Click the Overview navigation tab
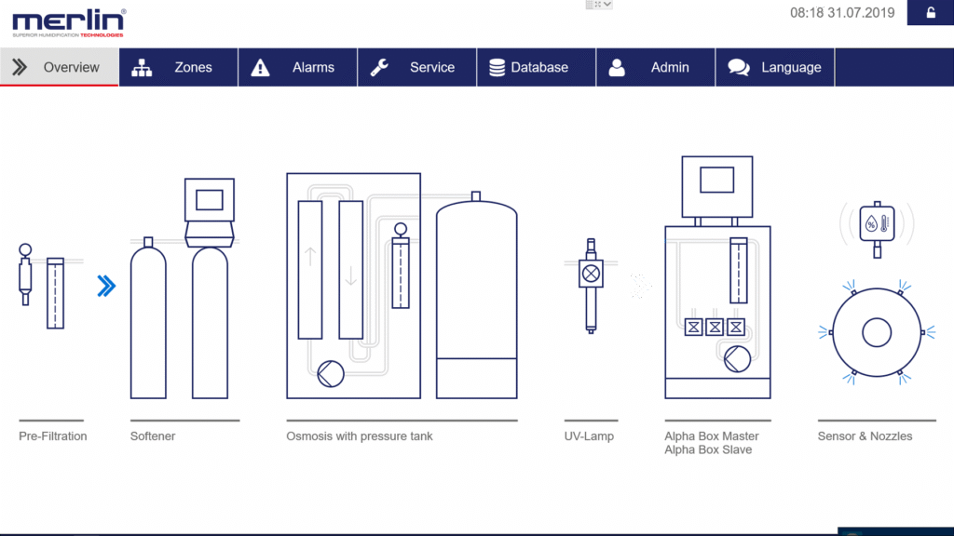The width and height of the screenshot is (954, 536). point(59,67)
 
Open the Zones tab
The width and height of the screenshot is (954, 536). point(178,67)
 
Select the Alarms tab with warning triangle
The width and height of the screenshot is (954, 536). point(297,67)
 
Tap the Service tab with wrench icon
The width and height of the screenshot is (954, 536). point(416,67)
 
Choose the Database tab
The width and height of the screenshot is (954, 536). point(536,67)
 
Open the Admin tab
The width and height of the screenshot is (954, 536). point(655,67)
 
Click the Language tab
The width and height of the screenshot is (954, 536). point(774,67)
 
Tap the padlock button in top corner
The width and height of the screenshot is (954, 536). point(931,13)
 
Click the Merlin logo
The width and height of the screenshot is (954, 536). point(69,23)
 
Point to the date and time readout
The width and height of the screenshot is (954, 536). point(842,13)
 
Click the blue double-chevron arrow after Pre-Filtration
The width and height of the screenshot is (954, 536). point(106,286)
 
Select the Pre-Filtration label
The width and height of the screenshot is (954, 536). point(53,436)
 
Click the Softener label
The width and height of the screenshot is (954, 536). point(153,436)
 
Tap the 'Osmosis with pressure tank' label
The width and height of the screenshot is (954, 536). point(360,436)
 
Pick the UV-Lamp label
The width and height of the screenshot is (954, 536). point(589,436)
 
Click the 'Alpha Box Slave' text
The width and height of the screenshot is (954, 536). point(708,449)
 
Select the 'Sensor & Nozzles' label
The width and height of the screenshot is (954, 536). point(865,436)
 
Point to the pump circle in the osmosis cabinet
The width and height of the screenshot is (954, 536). point(331,374)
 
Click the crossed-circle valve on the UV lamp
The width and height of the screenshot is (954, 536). point(591,274)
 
